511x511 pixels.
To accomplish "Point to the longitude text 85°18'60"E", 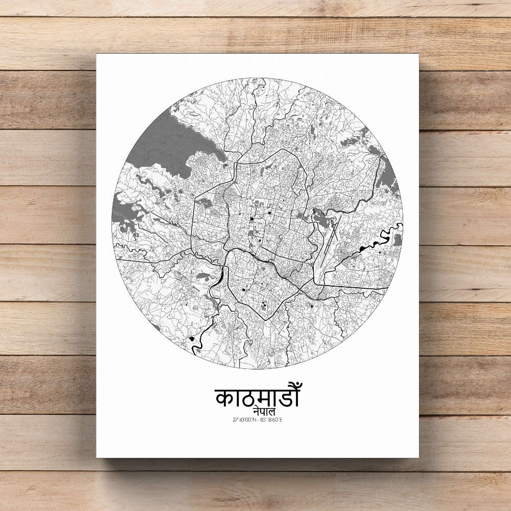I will coord(271,420).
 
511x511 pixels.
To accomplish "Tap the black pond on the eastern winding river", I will coord(363,248).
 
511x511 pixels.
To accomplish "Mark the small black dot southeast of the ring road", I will coord(310,306).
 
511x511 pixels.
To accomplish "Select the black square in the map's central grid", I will coord(251,220).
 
